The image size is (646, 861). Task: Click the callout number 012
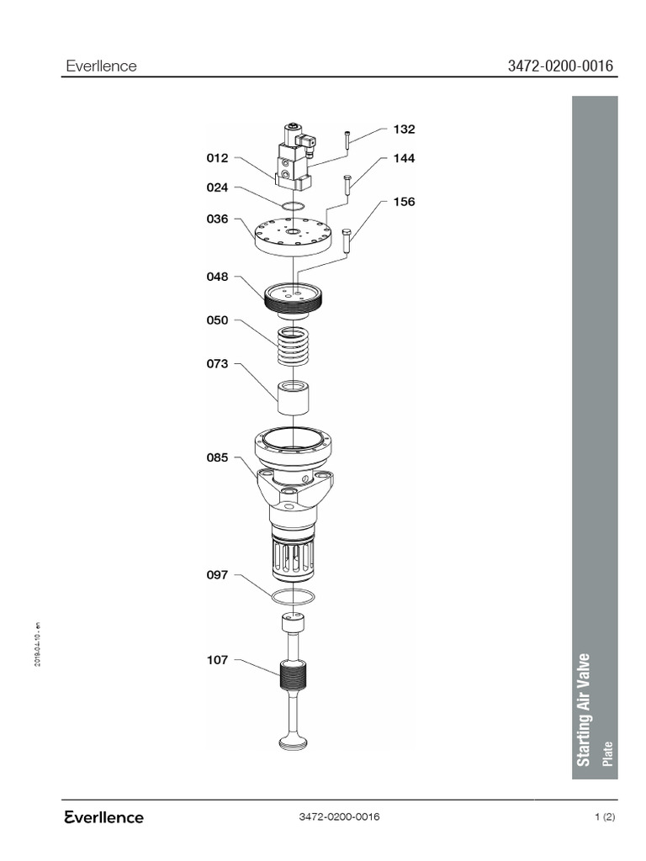click(217, 158)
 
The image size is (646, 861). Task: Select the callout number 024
click(217, 188)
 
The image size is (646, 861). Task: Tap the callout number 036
click(217, 219)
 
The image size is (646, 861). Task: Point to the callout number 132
click(404, 129)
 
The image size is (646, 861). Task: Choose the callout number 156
click(404, 202)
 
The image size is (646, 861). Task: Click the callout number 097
click(217, 575)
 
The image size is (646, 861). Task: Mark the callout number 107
click(217, 660)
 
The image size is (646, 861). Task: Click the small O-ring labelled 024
click(293, 209)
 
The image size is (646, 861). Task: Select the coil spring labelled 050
click(292, 346)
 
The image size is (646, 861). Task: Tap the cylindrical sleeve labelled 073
click(293, 398)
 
